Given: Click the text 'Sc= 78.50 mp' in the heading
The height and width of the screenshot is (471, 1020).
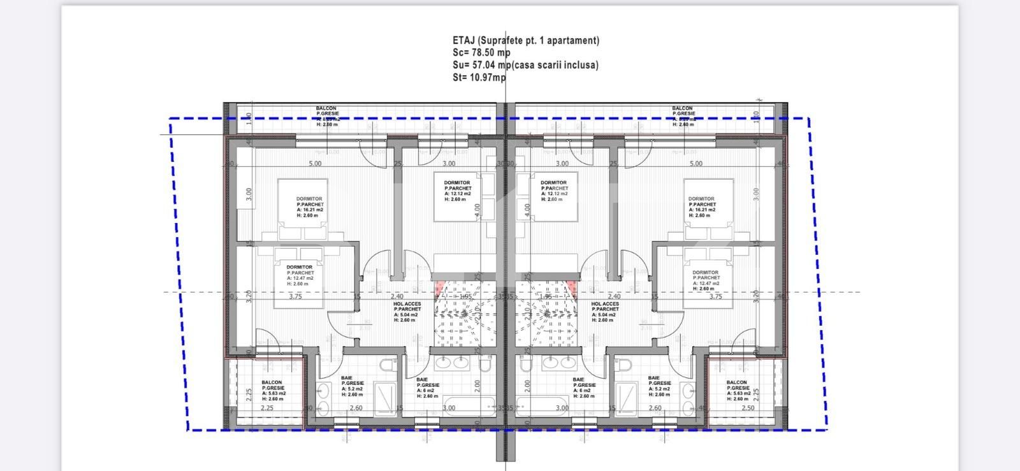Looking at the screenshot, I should [x=481, y=52].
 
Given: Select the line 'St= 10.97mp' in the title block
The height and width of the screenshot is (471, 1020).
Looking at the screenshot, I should [x=479, y=77].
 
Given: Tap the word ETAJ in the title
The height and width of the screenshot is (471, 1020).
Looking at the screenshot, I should [x=464, y=40].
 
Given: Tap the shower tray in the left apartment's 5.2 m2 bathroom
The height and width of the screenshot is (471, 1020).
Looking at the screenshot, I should [x=385, y=398].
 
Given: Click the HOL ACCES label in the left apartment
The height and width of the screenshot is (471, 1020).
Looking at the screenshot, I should [x=407, y=304].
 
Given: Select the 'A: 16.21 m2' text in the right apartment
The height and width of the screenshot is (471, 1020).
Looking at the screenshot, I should [x=701, y=210].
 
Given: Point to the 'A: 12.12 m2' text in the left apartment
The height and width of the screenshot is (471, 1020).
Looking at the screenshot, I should [x=458, y=194].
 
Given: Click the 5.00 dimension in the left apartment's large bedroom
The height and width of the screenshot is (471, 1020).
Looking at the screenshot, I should [x=315, y=164].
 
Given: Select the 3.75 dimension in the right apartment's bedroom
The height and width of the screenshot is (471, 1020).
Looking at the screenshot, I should [x=715, y=296].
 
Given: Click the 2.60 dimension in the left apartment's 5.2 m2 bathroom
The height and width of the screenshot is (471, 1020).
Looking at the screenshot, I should [x=356, y=408].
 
